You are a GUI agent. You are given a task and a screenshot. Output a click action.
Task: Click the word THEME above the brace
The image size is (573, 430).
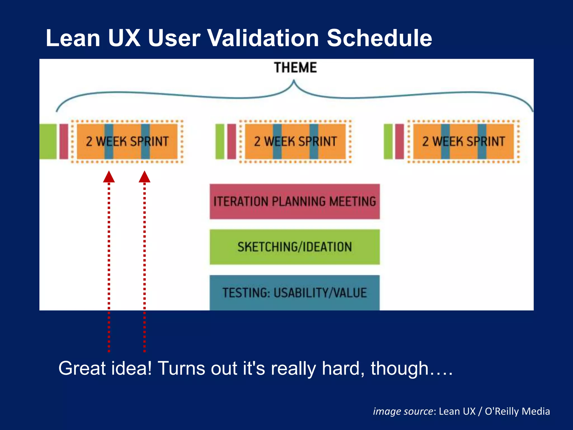coord(295,68)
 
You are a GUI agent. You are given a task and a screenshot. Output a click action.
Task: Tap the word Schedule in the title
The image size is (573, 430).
coord(379,38)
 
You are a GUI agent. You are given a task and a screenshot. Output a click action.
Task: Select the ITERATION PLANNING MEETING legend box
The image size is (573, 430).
coord(295,202)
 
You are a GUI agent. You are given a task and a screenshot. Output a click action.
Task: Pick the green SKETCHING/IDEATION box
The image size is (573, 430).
coord(295,247)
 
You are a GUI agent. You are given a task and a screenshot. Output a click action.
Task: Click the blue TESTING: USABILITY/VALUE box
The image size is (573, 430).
coord(295,293)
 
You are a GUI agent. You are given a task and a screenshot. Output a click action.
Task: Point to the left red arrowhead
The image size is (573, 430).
coord(109,177)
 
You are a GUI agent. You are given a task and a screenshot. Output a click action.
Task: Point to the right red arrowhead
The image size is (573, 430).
coord(144,177)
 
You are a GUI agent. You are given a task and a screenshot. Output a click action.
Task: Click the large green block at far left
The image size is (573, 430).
coord(48,141)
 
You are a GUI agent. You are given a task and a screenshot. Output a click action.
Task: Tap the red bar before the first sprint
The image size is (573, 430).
coord(64,141)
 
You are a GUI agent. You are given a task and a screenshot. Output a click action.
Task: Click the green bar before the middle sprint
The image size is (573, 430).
coord(220,141)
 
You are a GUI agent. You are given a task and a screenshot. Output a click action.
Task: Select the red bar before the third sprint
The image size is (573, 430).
coord(400,141)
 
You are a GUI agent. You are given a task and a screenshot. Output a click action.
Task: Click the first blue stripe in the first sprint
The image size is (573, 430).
coord(109,141)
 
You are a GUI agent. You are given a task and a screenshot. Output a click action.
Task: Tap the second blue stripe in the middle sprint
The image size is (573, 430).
coord(314,141)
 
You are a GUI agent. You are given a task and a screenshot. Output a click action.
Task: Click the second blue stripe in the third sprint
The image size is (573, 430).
coord(482,141)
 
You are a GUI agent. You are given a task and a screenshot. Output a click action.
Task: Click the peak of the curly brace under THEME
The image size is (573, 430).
coord(294,82)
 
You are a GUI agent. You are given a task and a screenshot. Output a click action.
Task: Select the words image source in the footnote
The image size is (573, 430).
coord(403,411)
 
